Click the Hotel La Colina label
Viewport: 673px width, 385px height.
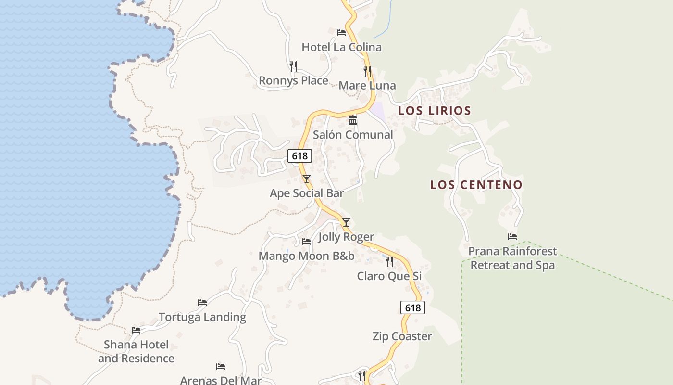pos(341,47)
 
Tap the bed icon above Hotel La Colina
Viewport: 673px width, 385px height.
pos(341,33)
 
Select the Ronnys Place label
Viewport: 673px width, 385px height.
pos(293,80)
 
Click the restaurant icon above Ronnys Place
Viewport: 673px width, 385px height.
pos(293,66)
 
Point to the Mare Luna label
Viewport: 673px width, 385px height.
pos(367,86)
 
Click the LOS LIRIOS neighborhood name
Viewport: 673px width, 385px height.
pos(435,111)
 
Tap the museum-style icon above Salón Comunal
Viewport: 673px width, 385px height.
pos(353,120)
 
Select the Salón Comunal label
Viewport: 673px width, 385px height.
pos(353,135)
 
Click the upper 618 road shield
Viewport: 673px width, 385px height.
pos(299,156)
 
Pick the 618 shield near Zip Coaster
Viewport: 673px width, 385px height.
pos(412,308)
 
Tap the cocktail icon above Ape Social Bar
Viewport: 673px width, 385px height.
pos(307,179)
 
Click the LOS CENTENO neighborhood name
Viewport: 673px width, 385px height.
pos(476,185)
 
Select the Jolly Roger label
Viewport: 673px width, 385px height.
pos(346,237)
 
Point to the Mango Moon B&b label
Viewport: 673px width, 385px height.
pos(306,256)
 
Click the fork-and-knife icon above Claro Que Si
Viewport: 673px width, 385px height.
pos(389,261)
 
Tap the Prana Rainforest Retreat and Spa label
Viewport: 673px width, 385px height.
pos(512,258)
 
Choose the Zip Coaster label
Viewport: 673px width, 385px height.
pos(402,336)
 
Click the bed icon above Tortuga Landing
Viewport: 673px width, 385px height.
pos(202,303)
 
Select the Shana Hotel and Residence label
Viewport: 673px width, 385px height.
pos(136,351)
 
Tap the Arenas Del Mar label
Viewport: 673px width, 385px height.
pos(221,380)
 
